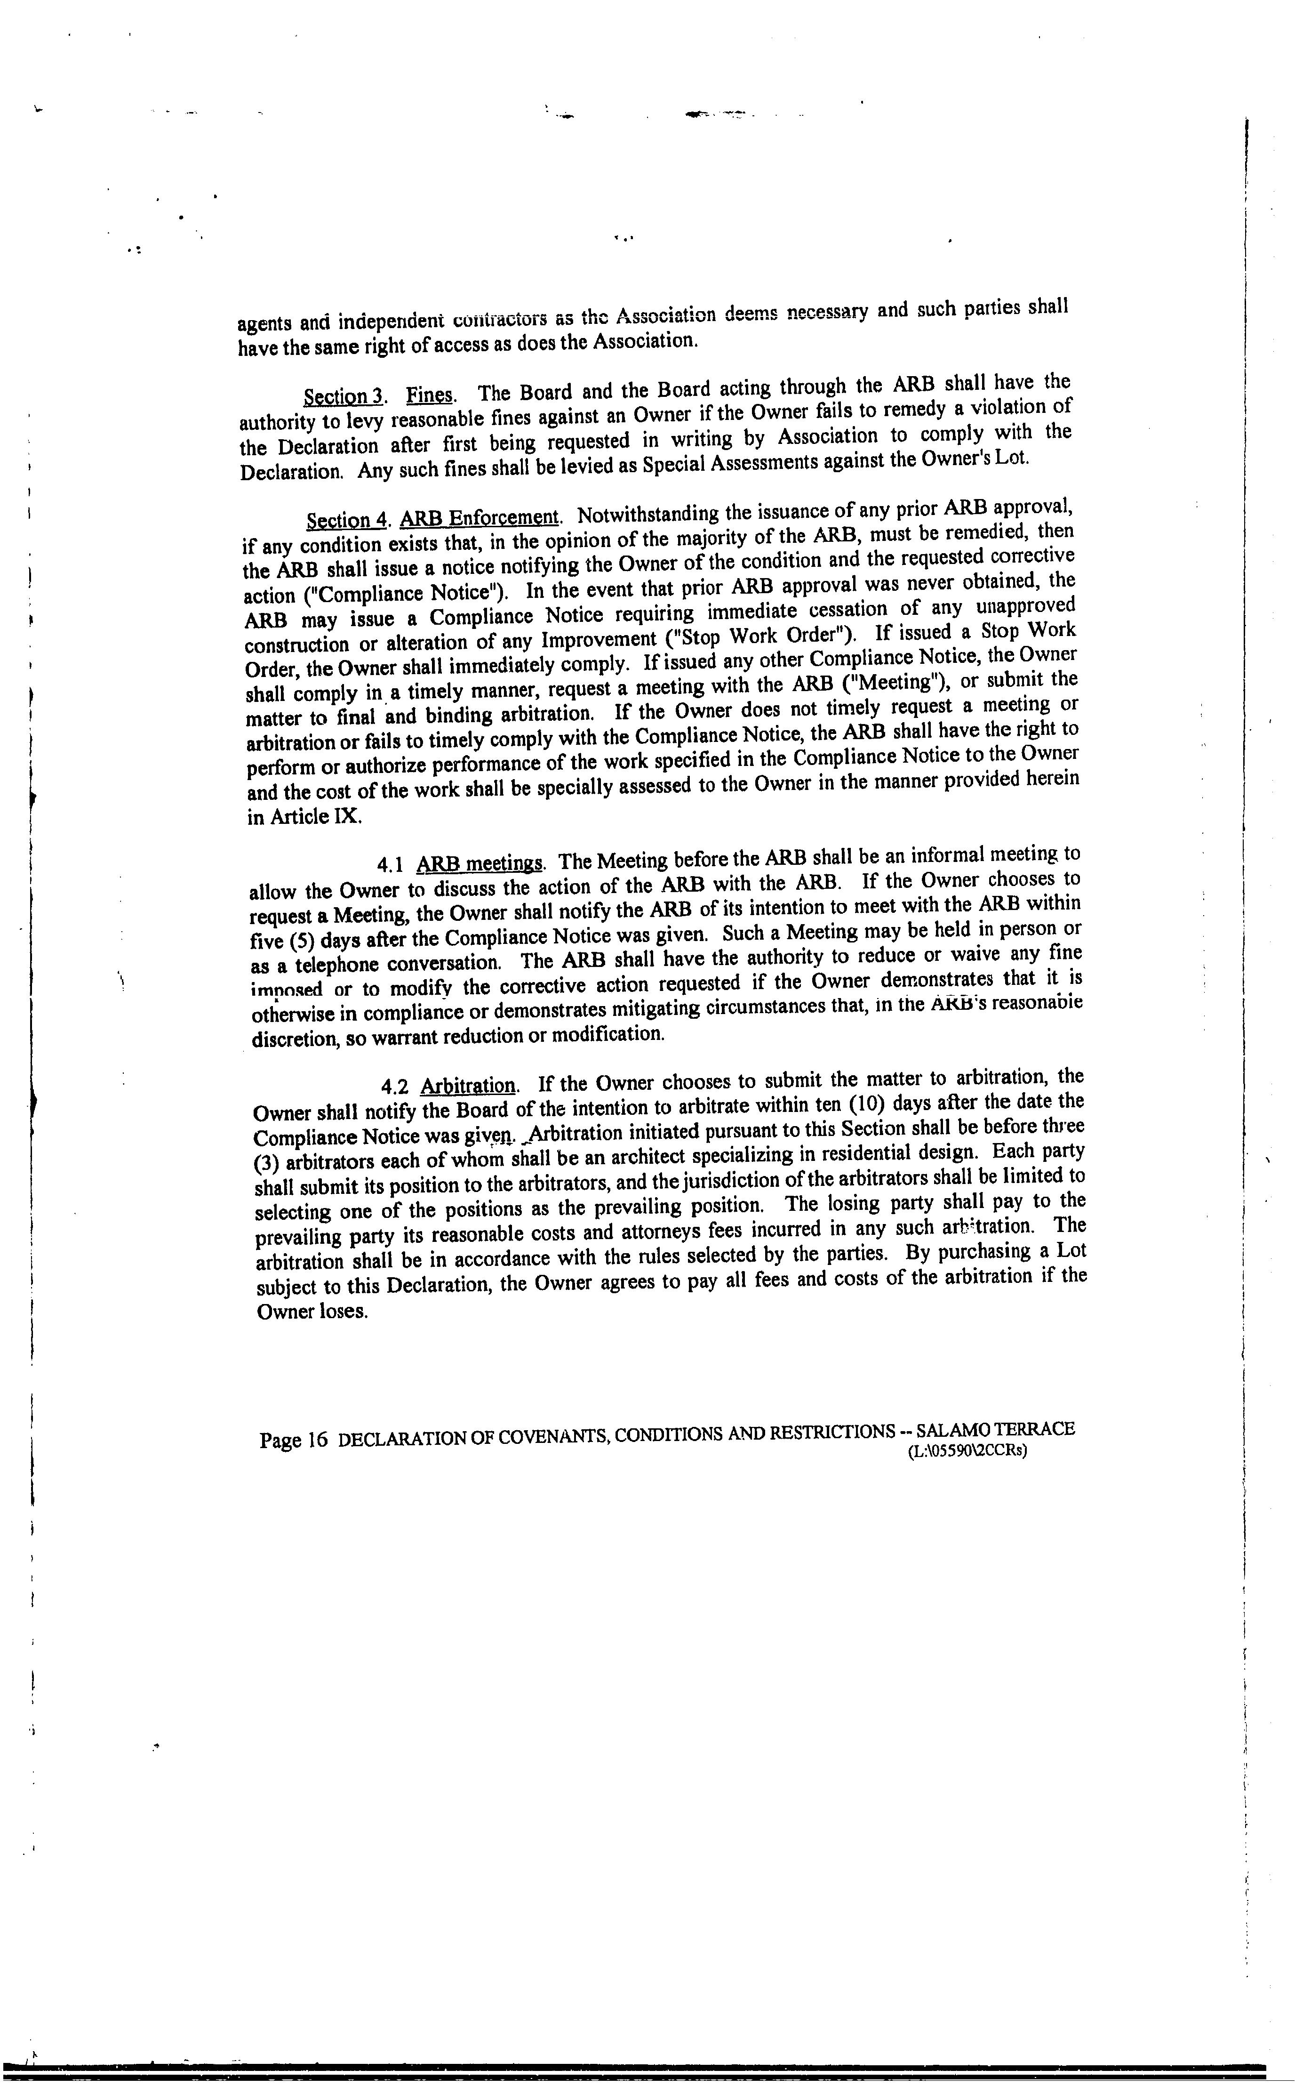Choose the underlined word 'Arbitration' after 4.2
469,1086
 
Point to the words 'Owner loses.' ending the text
312,1312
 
